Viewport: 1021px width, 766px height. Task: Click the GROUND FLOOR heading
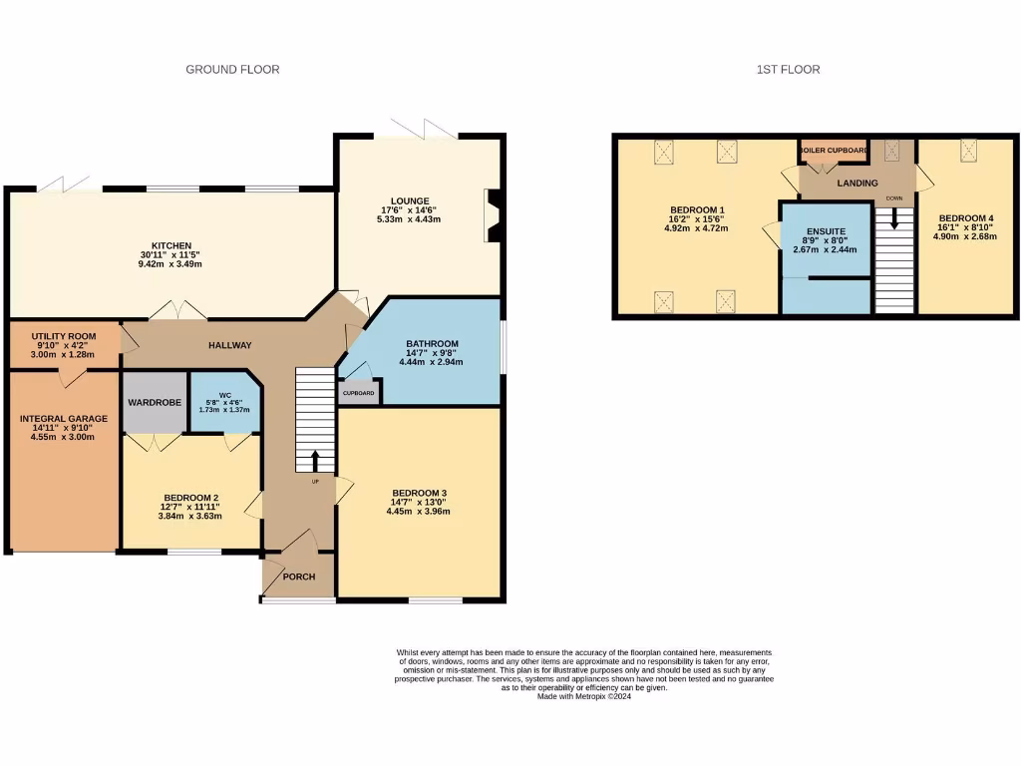tap(232, 70)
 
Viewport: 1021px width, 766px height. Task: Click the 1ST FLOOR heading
tap(788, 70)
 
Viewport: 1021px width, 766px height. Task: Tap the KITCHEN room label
tap(171, 246)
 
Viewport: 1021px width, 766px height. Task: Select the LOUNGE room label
tap(410, 200)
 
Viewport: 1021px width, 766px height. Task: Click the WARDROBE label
tap(153, 402)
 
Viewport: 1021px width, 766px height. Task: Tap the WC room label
tap(224, 395)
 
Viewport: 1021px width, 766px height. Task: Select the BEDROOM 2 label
tap(191, 498)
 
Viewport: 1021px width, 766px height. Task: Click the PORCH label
tap(299, 575)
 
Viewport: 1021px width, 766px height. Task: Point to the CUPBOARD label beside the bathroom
tap(359, 393)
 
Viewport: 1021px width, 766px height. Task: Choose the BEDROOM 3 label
tap(419, 494)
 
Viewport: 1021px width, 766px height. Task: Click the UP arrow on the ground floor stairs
tap(316, 461)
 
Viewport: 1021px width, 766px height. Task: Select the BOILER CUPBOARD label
tap(834, 151)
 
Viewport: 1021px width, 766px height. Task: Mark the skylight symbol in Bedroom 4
tap(968, 151)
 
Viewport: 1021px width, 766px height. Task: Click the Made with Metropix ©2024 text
tap(584, 696)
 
